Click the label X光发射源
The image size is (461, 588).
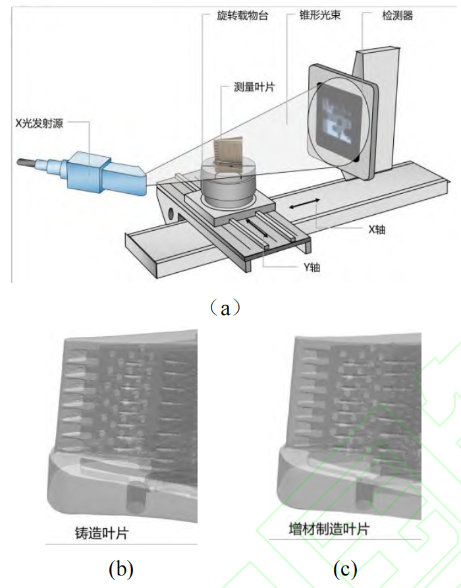coord(40,123)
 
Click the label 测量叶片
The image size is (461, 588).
coord(254,87)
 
